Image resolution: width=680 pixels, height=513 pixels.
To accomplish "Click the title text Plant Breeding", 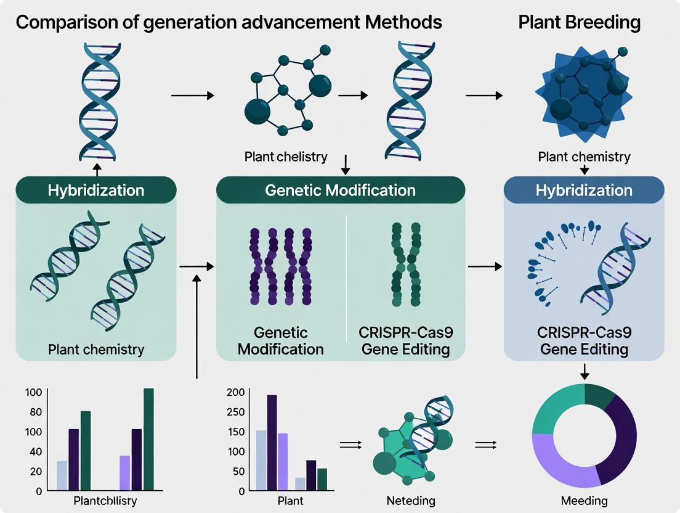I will point(579,23).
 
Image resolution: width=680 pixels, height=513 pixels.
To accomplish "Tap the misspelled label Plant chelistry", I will point(286,156).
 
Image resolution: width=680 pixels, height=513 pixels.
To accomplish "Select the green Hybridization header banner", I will point(95,190).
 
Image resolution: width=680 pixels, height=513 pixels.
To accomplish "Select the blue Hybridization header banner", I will point(584,190).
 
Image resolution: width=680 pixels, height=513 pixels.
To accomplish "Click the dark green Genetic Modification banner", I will point(340,190).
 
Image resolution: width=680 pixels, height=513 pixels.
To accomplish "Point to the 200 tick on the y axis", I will point(236,392).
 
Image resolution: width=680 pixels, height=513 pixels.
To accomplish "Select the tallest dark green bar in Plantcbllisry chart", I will point(148,439).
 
